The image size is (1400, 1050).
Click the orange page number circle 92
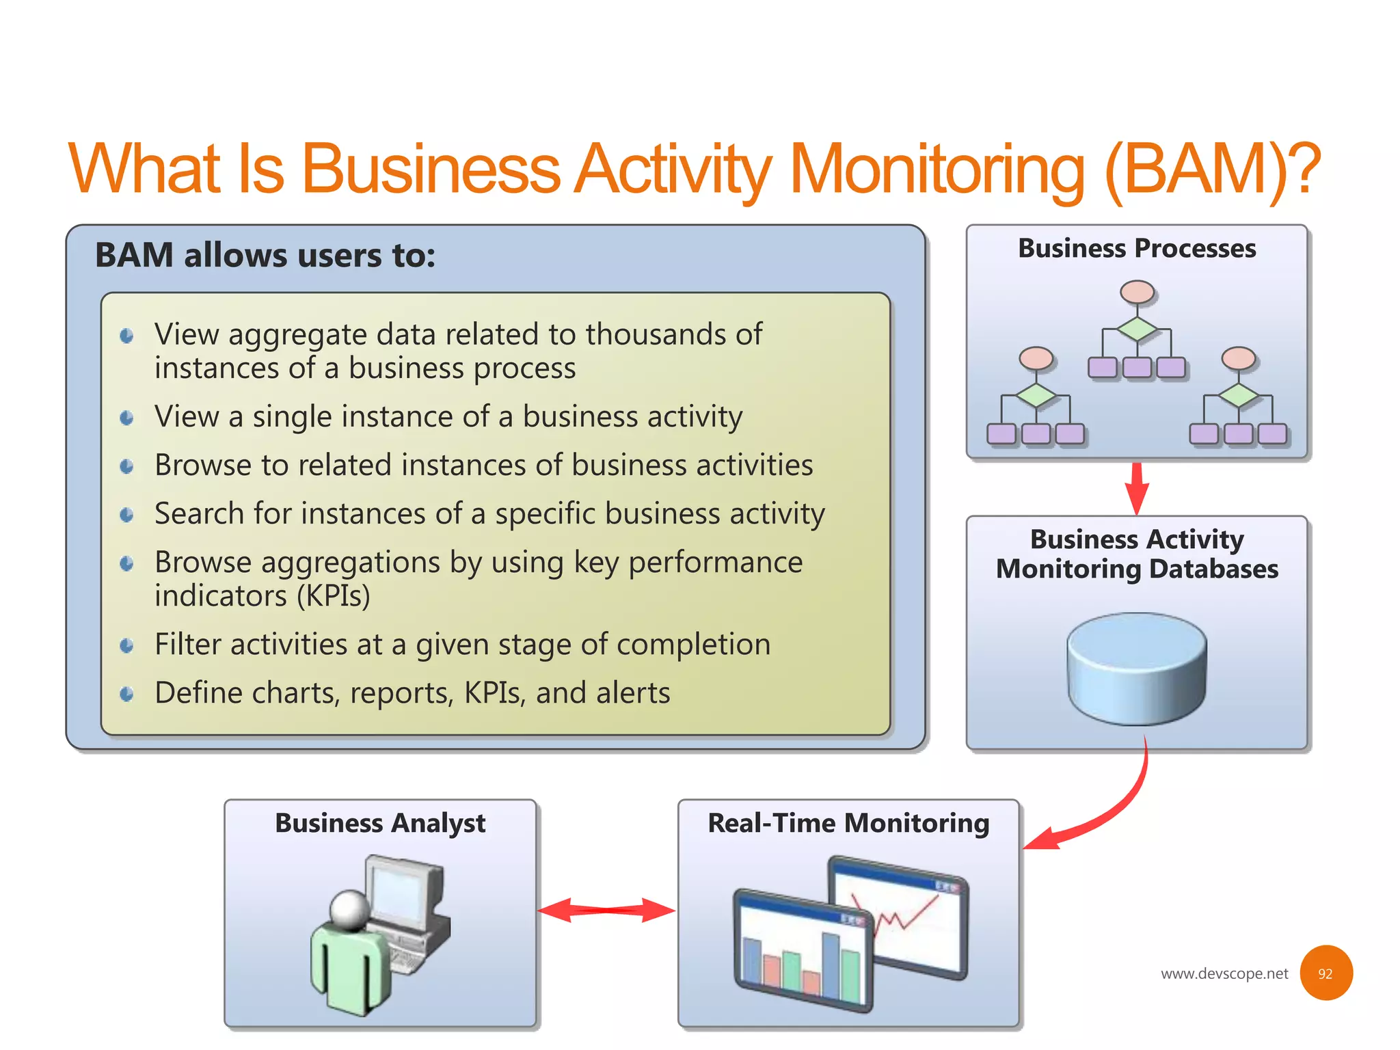coord(1325,973)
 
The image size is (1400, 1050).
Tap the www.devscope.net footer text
coord(1224,973)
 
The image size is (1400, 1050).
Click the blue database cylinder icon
coord(1136,668)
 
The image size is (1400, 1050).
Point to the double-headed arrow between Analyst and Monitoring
coord(606,910)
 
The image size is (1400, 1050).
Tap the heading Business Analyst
coord(380,823)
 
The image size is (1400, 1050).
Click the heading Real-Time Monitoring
coord(848,823)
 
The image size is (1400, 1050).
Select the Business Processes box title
coord(1136,248)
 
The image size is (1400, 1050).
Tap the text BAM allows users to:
coord(265,256)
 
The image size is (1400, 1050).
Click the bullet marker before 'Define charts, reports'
coord(126,694)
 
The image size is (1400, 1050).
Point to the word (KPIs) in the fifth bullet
coord(333,596)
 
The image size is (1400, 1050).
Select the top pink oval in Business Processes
coord(1137,293)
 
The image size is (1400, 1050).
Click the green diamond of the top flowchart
coord(1137,329)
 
